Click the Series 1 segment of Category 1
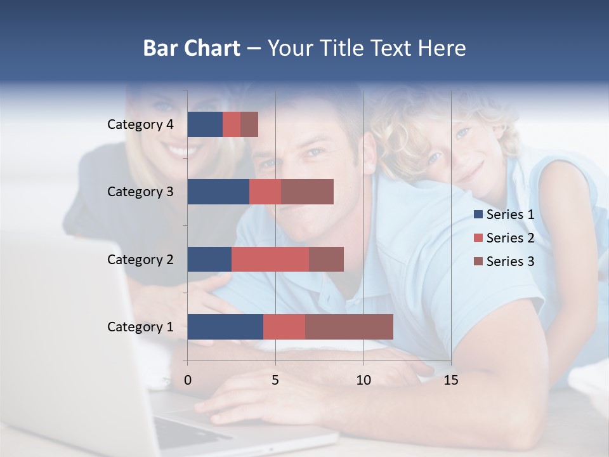coord(225,326)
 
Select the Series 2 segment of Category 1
coord(284,326)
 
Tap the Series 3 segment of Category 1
coord(349,326)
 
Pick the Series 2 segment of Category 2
coord(270,259)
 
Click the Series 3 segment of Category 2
coord(326,259)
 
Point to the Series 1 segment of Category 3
coord(218,192)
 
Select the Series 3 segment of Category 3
coord(307,192)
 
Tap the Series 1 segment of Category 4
coord(205,124)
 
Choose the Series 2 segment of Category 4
coord(232,124)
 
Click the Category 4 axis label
coord(140,124)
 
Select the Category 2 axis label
coord(140,259)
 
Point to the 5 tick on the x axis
coord(275,380)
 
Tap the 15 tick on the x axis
coord(451,380)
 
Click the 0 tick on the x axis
coord(188,380)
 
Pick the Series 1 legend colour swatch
coord(478,215)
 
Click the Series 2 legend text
coord(510,238)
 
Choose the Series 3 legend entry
coord(504,262)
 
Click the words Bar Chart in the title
coord(192,48)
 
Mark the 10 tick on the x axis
coord(363,380)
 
